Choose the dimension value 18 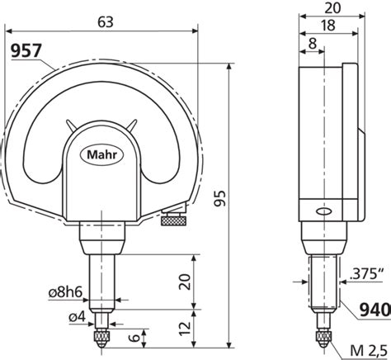[327, 27]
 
